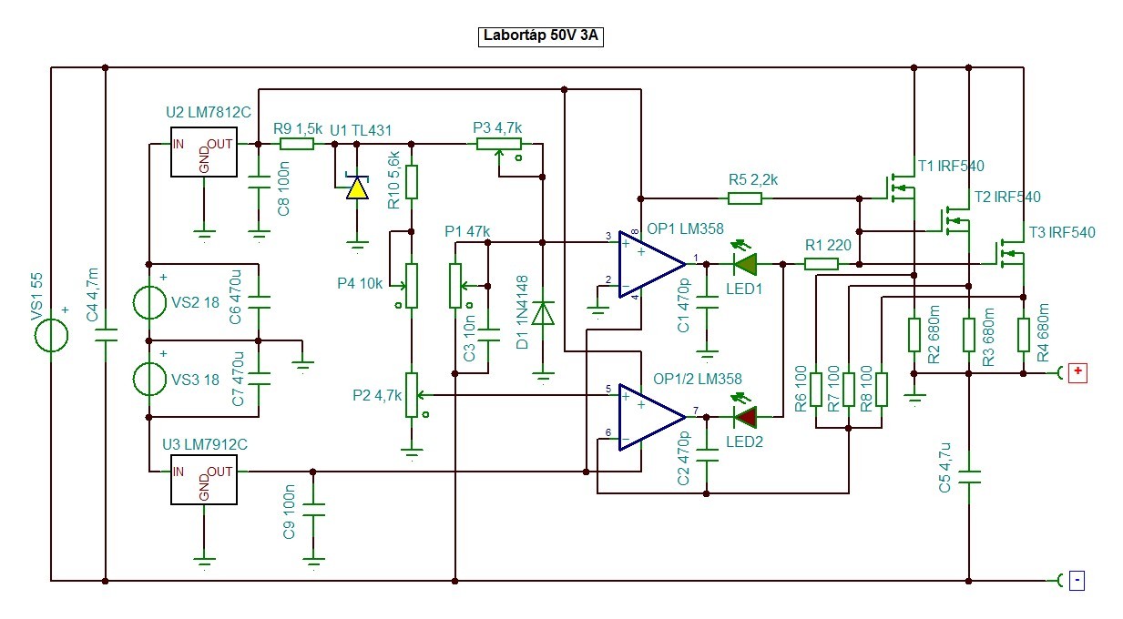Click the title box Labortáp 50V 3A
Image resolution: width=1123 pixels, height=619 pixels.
point(540,36)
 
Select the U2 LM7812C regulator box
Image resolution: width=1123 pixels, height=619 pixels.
point(203,152)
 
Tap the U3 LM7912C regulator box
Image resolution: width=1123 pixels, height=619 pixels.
point(203,479)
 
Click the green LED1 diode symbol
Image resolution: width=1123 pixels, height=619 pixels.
point(745,264)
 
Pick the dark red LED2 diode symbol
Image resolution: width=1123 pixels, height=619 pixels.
point(745,417)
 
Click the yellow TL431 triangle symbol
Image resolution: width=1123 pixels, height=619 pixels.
point(357,188)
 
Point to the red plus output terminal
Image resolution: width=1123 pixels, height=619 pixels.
point(1077,373)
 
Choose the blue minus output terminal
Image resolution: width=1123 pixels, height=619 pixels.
point(1077,581)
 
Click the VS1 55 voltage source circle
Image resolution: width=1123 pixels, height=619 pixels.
point(51,335)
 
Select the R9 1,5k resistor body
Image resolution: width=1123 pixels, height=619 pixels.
point(297,145)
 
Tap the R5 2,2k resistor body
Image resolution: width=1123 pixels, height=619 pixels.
point(745,198)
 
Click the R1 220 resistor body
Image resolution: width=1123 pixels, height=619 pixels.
point(822,264)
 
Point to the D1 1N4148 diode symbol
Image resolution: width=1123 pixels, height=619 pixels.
point(543,313)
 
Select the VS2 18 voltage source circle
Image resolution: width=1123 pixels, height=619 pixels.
point(149,302)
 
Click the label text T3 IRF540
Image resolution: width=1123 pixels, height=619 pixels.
point(1062,232)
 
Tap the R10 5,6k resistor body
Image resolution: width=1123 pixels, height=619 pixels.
point(412,182)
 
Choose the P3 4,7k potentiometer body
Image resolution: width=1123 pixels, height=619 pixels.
point(499,145)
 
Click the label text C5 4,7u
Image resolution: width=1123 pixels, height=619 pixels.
point(944,468)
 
